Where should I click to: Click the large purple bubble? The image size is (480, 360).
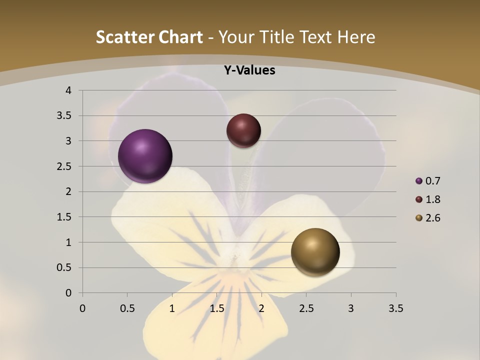145,156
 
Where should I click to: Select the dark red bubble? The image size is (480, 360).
243,130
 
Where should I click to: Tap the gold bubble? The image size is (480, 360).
315,252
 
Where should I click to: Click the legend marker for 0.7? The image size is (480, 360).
419,181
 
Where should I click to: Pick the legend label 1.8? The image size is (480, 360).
432,199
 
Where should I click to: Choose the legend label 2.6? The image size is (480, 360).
432,218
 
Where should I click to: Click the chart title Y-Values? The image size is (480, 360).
249,70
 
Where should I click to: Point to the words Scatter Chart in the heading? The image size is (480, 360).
149,37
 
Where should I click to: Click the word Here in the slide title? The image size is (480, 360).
356,37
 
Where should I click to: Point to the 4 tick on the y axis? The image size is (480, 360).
68,90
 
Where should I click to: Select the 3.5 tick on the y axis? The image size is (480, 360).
65,116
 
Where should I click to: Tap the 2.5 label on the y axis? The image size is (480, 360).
65,166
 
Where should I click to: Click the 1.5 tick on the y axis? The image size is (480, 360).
65,217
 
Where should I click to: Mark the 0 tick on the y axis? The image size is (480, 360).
68,293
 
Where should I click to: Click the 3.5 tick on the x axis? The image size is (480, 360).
395,308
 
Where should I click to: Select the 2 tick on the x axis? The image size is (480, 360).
261,308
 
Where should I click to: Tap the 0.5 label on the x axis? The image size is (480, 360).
127,308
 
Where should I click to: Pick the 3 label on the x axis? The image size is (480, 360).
351,308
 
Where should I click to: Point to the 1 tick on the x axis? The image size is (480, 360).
172,308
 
